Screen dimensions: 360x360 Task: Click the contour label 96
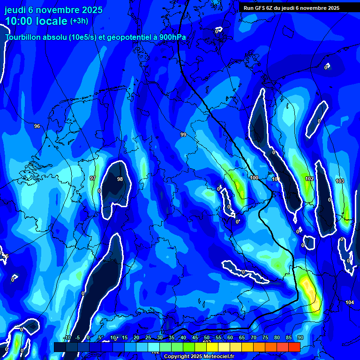pyautogui.click(x=37, y=126)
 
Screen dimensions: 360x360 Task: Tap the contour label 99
pyautogui.click(x=183, y=135)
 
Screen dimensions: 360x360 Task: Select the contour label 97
pyautogui.click(x=93, y=178)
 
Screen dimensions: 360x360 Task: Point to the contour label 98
pyautogui.click(x=120, y=179)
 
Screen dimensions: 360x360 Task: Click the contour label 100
pyautogui.click(x=254, y=178)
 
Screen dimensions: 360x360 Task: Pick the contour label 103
pyautogui.click(x=340, y=181)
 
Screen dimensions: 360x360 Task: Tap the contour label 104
pyautogui.click(x=350, y=302)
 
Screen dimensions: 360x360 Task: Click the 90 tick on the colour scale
pyautogui.click(x=300, y=337)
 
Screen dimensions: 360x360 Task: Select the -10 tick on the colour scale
pyautogui.click(x=67, y=337)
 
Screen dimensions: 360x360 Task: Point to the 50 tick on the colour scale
pyautogui.click(x=207, y=337)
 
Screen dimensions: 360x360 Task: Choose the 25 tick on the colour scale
pyautogui.click(x=148, y=337)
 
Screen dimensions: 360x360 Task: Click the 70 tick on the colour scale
pyautogui.click(x=254, y=337)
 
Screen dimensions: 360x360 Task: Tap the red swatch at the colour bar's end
pyautogui.click(x=294, y=347)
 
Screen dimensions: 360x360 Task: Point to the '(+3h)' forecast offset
pyautogui.click(x=79, y=21)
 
